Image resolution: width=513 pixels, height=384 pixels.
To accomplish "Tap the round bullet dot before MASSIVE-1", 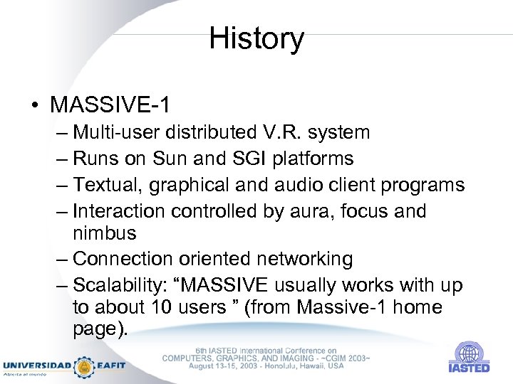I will pos(34,106).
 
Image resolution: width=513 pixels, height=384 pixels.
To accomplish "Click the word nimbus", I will pos(105,234).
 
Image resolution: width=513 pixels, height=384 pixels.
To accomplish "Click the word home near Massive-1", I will pos(417,308).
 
